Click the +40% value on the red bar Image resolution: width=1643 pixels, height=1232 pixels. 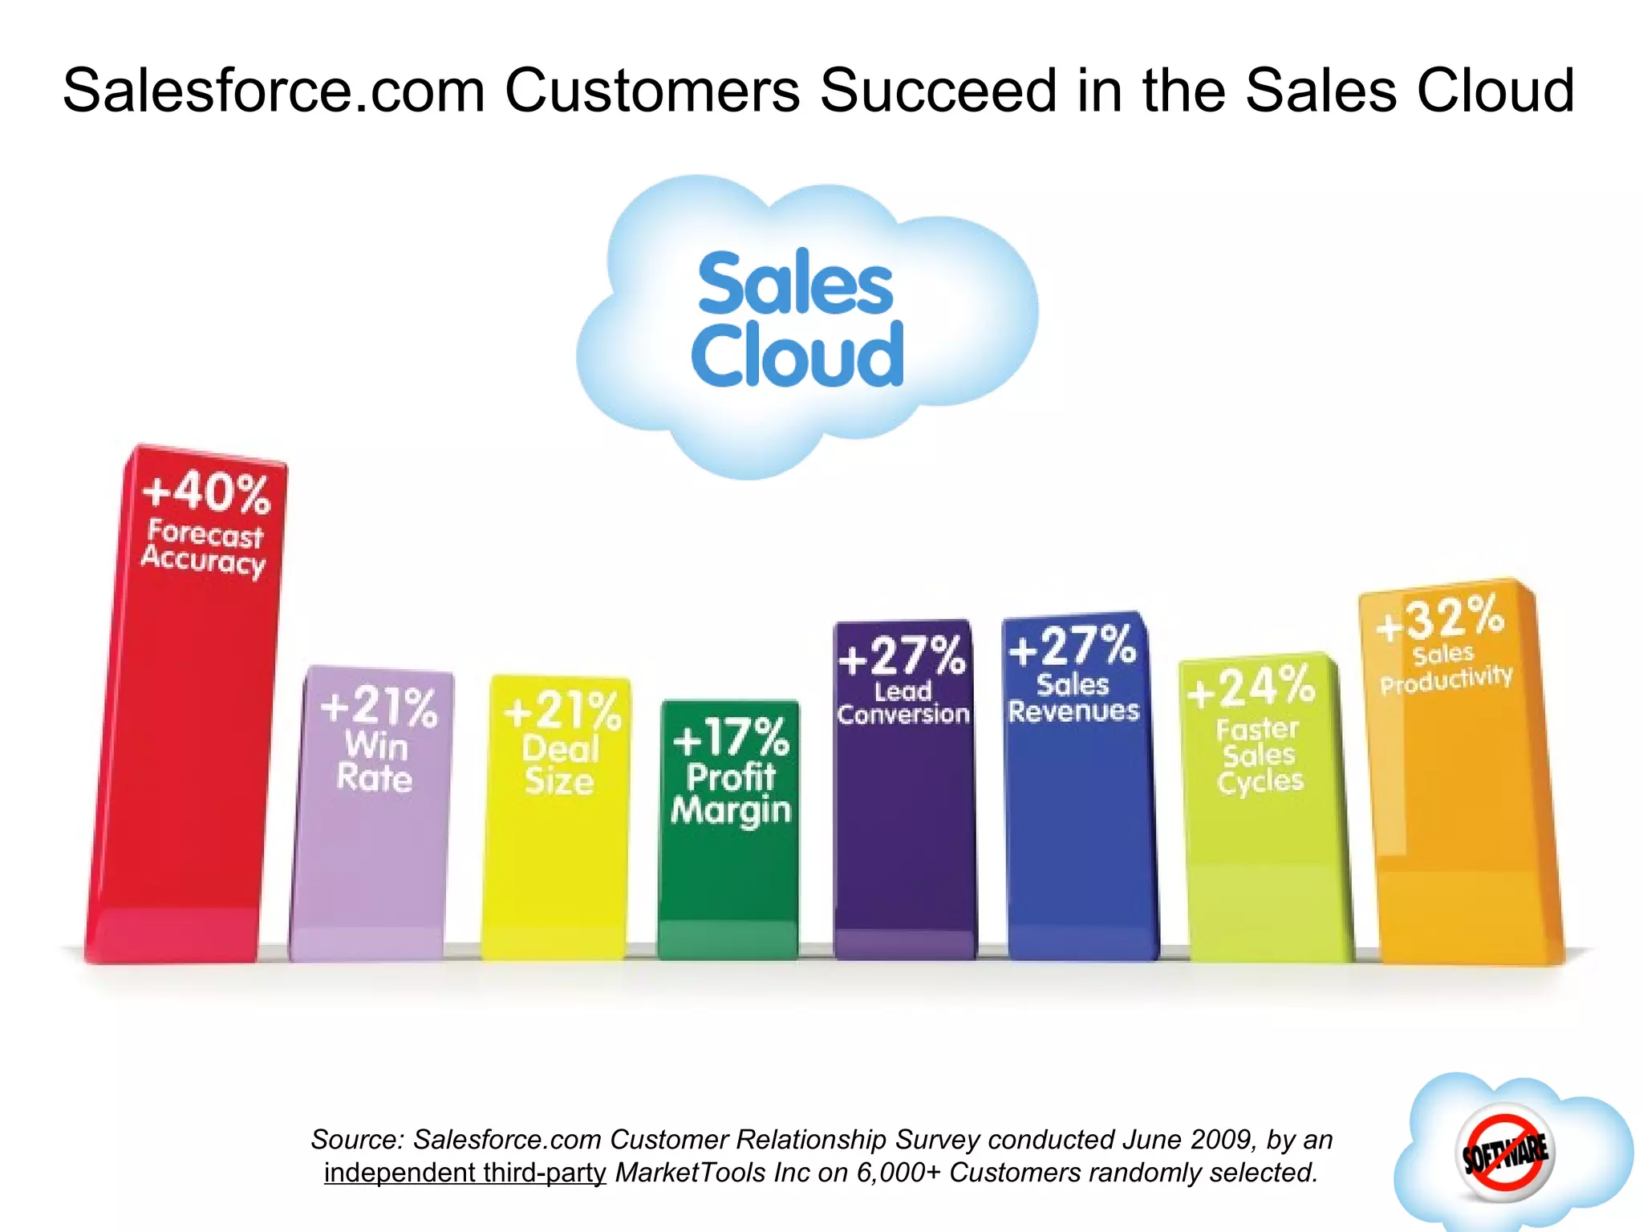point(206,492)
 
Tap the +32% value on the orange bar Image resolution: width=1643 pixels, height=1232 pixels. point(1440,618)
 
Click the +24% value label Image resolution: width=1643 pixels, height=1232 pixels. point(1252,687)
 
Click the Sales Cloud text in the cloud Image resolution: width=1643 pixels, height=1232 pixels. point(797,318)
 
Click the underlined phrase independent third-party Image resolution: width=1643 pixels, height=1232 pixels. point(465,1173)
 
